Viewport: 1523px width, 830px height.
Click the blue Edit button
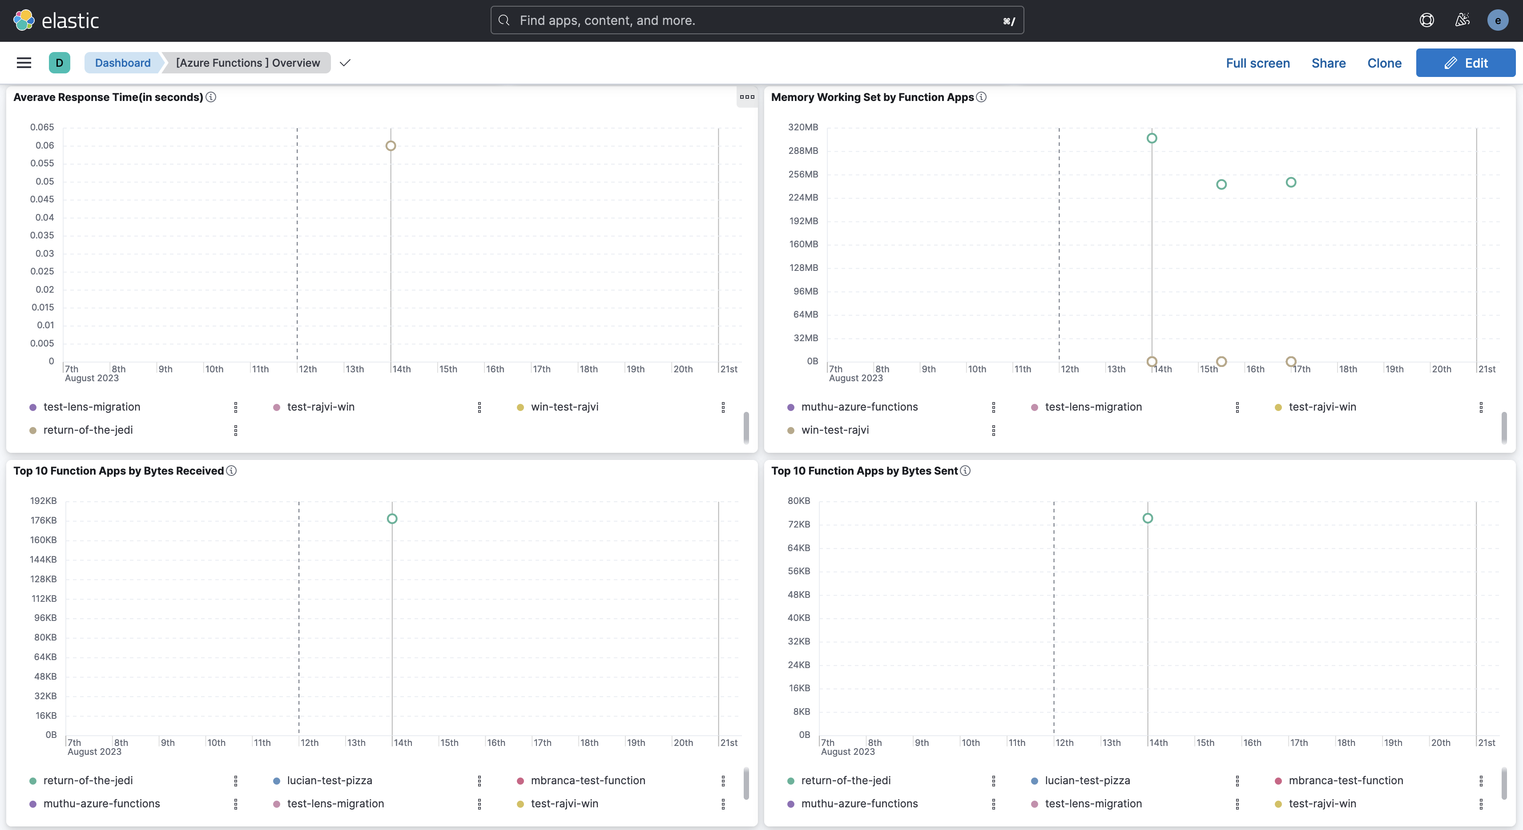[x=1465, y=63]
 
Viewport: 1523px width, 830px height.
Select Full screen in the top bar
[x=1257, y=63]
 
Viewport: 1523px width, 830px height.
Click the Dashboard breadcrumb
[x=122, y=63]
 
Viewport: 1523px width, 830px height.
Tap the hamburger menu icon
[x=24, y=63]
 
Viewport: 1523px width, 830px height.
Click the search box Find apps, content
[x=757, y=20]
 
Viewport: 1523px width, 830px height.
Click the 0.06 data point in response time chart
[x=390, y=145]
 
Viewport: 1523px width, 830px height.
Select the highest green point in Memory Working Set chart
[x=1151, y=138]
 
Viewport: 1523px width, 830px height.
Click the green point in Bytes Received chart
[x=391, y=519]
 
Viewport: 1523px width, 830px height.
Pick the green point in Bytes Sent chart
[x=1147, y=518]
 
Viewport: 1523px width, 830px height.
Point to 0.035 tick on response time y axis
[x=42, y=235]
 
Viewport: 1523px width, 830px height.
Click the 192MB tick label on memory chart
[x=803, y=221]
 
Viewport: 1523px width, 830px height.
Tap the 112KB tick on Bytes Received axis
[x=44, y=598]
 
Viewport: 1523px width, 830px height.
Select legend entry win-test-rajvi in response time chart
[x=564, y=407]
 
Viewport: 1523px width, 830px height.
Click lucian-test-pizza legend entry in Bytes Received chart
[x=329, y=780]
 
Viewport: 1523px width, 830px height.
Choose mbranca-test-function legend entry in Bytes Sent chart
[x=1345, y=780]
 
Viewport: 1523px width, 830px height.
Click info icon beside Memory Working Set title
[x=981, y=97]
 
